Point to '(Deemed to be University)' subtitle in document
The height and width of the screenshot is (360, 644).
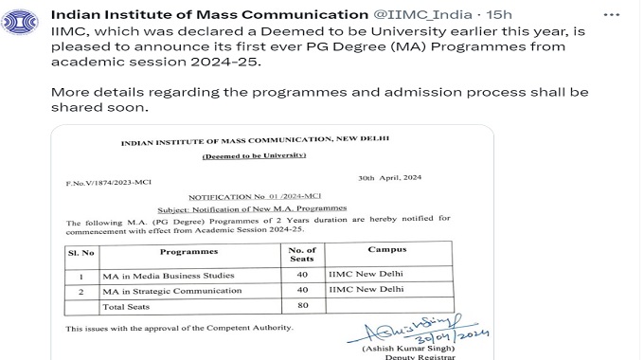pos(254,155)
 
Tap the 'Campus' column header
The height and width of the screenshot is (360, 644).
pos(386,250)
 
